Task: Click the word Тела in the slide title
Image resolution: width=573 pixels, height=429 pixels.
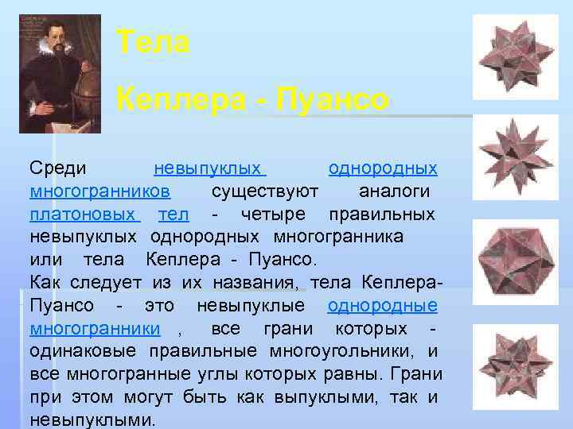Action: click(x=153, y=42)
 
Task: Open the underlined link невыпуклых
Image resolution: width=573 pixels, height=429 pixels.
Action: click(x=209, y=169)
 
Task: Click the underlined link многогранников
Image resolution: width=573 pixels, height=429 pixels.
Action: click(x=99, y=191)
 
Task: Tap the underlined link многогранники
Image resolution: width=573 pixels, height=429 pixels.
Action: click(x=95, y=329)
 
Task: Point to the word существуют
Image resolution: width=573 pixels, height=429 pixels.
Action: click(x=265, y=191)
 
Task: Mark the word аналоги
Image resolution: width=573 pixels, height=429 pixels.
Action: click(x=395, y=191)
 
